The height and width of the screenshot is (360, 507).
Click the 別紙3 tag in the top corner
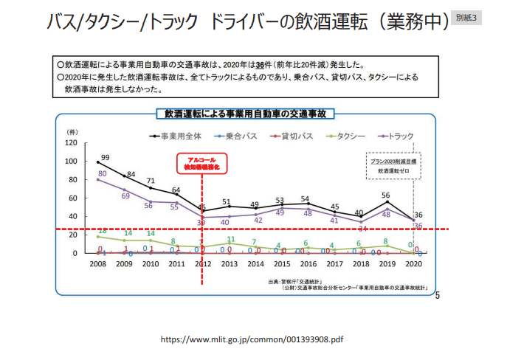[x=466, y=16]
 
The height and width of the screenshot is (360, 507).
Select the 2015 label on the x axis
[x=280, y=263]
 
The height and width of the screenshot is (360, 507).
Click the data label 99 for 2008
[x=106, y=157]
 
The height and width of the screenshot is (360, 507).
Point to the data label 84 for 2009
[x=131, y=174]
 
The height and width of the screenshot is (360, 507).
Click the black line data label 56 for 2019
[x=385, y=195]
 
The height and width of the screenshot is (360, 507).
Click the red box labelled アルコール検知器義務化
[x=201, y=164]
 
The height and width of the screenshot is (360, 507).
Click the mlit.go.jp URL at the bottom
[x=252, y=340]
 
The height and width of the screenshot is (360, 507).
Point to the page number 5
[x=438, y=296]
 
